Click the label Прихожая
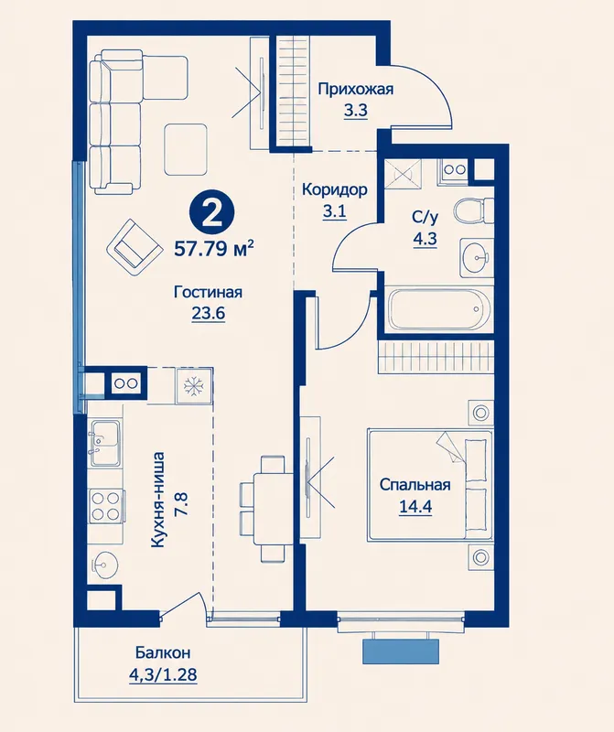pyautogui.click(x=355, y=89)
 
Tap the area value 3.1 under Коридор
pyautogui.click(x=334, y=211)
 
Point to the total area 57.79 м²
pyautogui.click(x=214, y=248)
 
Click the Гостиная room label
pyautogui.click(x=208, y=292)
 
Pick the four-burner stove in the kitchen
pyautogui.click(x=105, y=505)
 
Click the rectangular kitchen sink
pyautogui.click(x=104, y=442)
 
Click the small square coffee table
pyautogui.click(x=186, y=149)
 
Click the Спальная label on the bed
pyautogui.click(x=415, y=485)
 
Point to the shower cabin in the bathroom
pyautogui.click(x=404, y=174)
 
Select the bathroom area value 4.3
pyautogui.click(x=425, y=239)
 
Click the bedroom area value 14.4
pyautogui.click(x=415, y=507)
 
